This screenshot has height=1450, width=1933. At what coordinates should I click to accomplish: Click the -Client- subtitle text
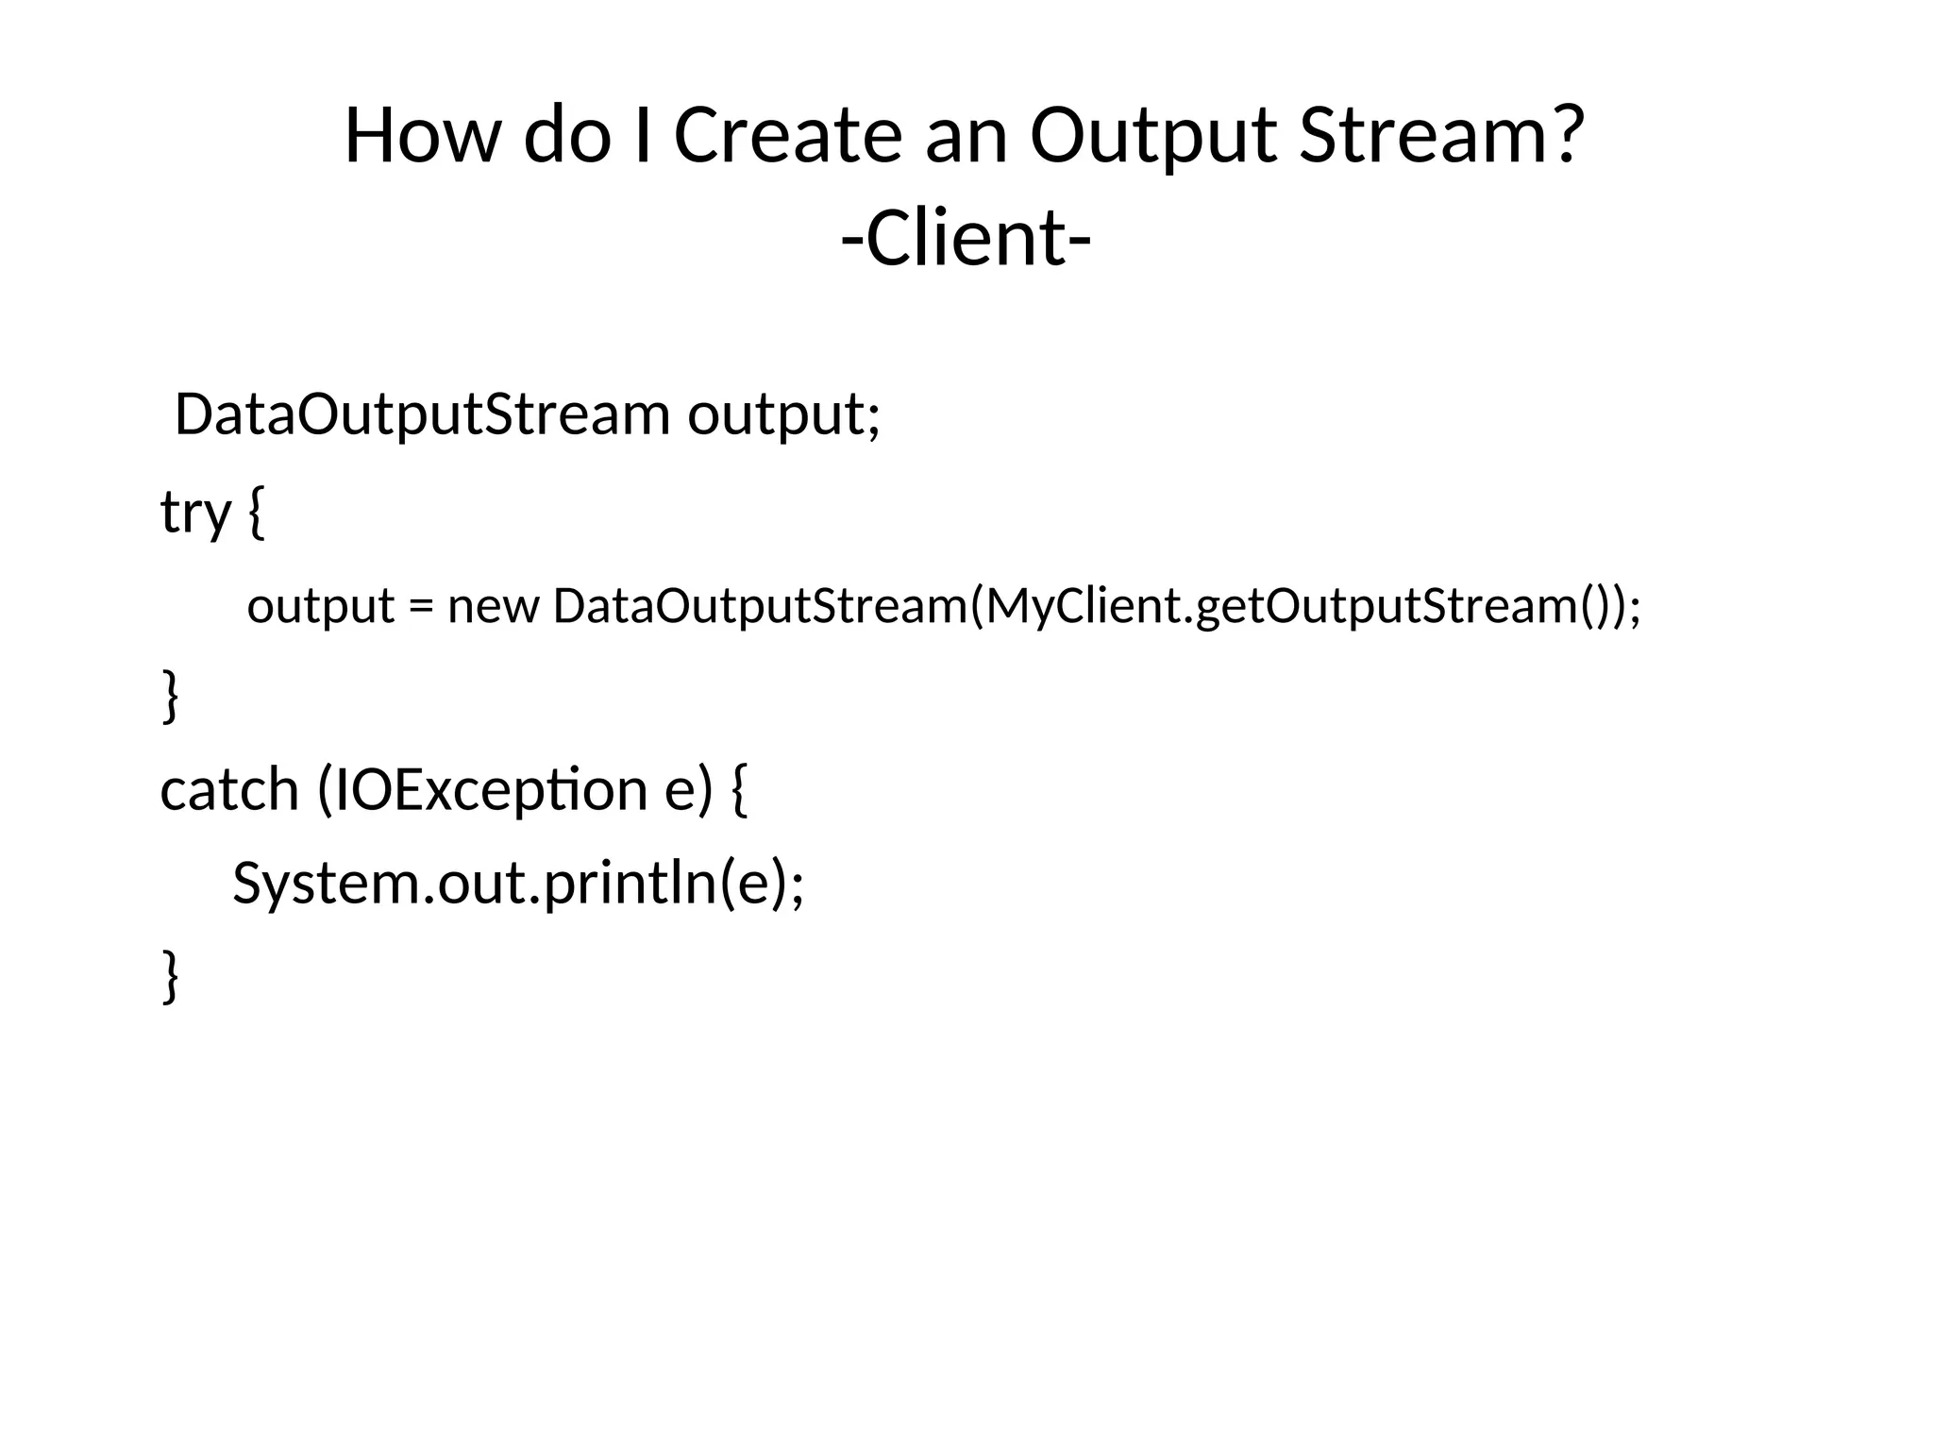pyautogui.click(x=966, y=238)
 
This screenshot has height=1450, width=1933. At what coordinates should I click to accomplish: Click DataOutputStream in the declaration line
pyautogui.click(x=422, y=414)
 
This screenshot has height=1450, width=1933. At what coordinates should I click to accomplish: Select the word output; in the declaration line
pyautogui.click(x=783, y=414)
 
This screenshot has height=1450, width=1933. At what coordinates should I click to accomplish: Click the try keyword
pyautogui.click(x=195, y=512)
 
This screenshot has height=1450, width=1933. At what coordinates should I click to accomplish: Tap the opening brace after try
pyautogui.click(x=256, y=512)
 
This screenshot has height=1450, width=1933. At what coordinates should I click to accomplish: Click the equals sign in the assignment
pyautogui.click(x=420, y=606)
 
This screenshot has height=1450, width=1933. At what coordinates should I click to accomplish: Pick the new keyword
pyautogui.click(x=493, y=606)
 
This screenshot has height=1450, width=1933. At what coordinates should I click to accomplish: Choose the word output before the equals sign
pyautogui.click(x=321, y=606)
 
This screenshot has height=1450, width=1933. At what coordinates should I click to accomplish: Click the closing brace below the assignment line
pyautogui.click(x=170, y=696)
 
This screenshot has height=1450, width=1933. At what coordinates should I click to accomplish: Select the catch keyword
pyautogui.click(x=229, y=789)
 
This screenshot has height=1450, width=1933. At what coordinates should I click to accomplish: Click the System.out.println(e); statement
pyautogui.click(x=518, y=884)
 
